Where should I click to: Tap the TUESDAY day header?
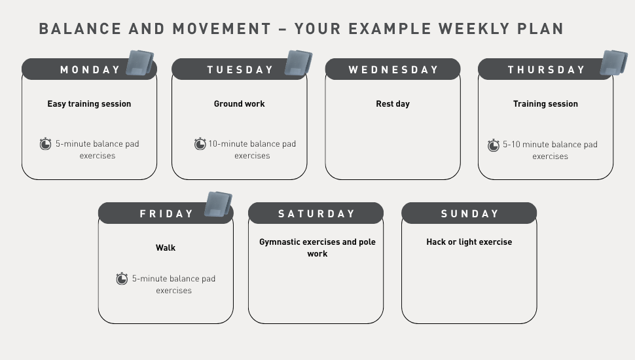[240, 69]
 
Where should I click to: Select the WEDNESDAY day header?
[393, 69]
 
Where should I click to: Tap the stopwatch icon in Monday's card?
[45, 143]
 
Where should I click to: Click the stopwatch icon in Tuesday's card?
[200, 143]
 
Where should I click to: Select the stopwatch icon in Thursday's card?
[493, 145]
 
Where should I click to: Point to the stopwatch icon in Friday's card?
[122, 278]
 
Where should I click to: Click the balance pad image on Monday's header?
[140, 63]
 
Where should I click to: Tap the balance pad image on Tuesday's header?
[299, 63]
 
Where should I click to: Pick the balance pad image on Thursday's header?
[614, 63]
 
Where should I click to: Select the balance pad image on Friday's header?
[218, 204]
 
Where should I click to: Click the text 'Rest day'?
[393, 103]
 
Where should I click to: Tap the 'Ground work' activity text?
[240, 103]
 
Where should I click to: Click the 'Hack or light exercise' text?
[469, 242]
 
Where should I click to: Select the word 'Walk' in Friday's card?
[166, 247]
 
